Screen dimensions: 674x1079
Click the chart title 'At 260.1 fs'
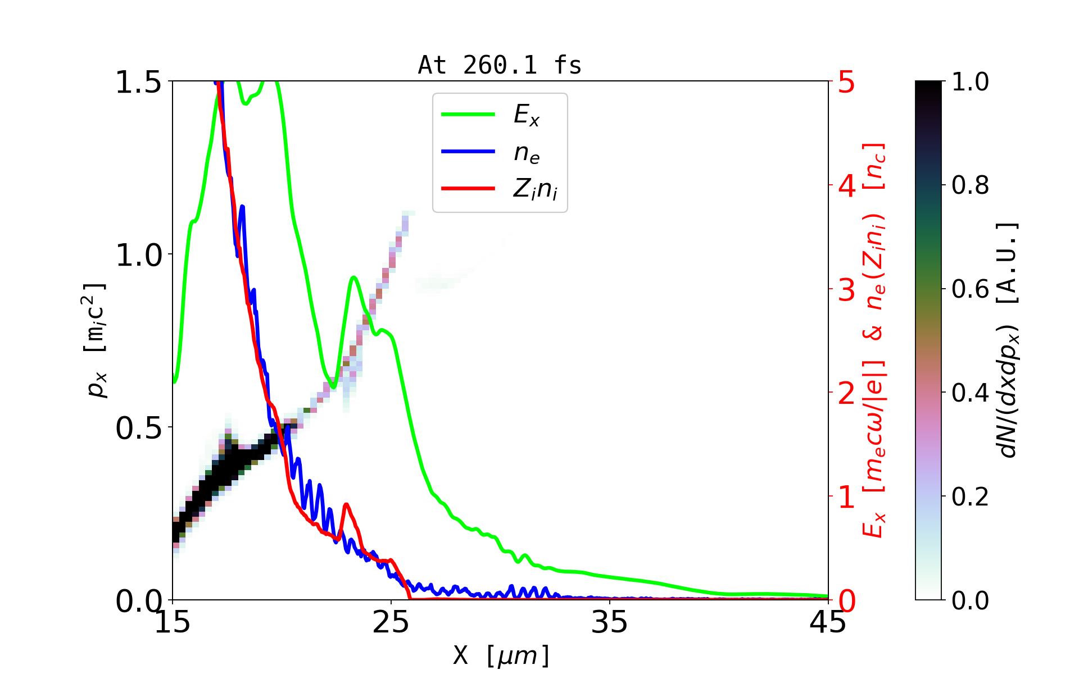pyautogui.click(x=500, y=66)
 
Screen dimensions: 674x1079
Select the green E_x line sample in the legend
pyautogui.click(x=468, y=115)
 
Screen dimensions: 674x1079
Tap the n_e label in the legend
pyautogui.click(x=527, y=152)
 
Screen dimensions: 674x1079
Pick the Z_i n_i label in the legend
pyautogui.click(x=535, y=189)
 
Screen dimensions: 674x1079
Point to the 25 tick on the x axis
pyautogui.click(x=391, y=622)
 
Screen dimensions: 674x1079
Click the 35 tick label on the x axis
pyautogui.click(x=610, y=622)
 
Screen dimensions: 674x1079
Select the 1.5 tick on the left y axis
pyautogui.click(x=138, y=83)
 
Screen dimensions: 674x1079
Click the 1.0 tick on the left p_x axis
pyautogui.click(x=138, y=256)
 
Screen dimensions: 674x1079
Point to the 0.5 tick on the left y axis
pyautogui.click(x=138, y=429)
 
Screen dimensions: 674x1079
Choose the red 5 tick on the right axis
pyautogui.click(x=847, y=83)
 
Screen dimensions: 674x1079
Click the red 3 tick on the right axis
pyautogui.click(x=847, y=290)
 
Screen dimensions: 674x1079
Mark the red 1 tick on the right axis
pyautogui.click(x=847, y=497)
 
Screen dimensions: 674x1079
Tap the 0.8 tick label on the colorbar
pyautogui.click(x=970, y=185)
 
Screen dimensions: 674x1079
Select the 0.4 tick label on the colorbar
pyautogui.click(x=970, y=393)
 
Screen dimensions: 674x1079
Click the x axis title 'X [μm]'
pyautogui.click(x=501, y=655)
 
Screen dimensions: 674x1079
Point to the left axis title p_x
pyautogui.click(x=96, y=340)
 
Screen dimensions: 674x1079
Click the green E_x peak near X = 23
pyautogui.click(x=353, y=277)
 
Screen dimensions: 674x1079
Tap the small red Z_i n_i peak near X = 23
pyautogui.click(x=346, y=505)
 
